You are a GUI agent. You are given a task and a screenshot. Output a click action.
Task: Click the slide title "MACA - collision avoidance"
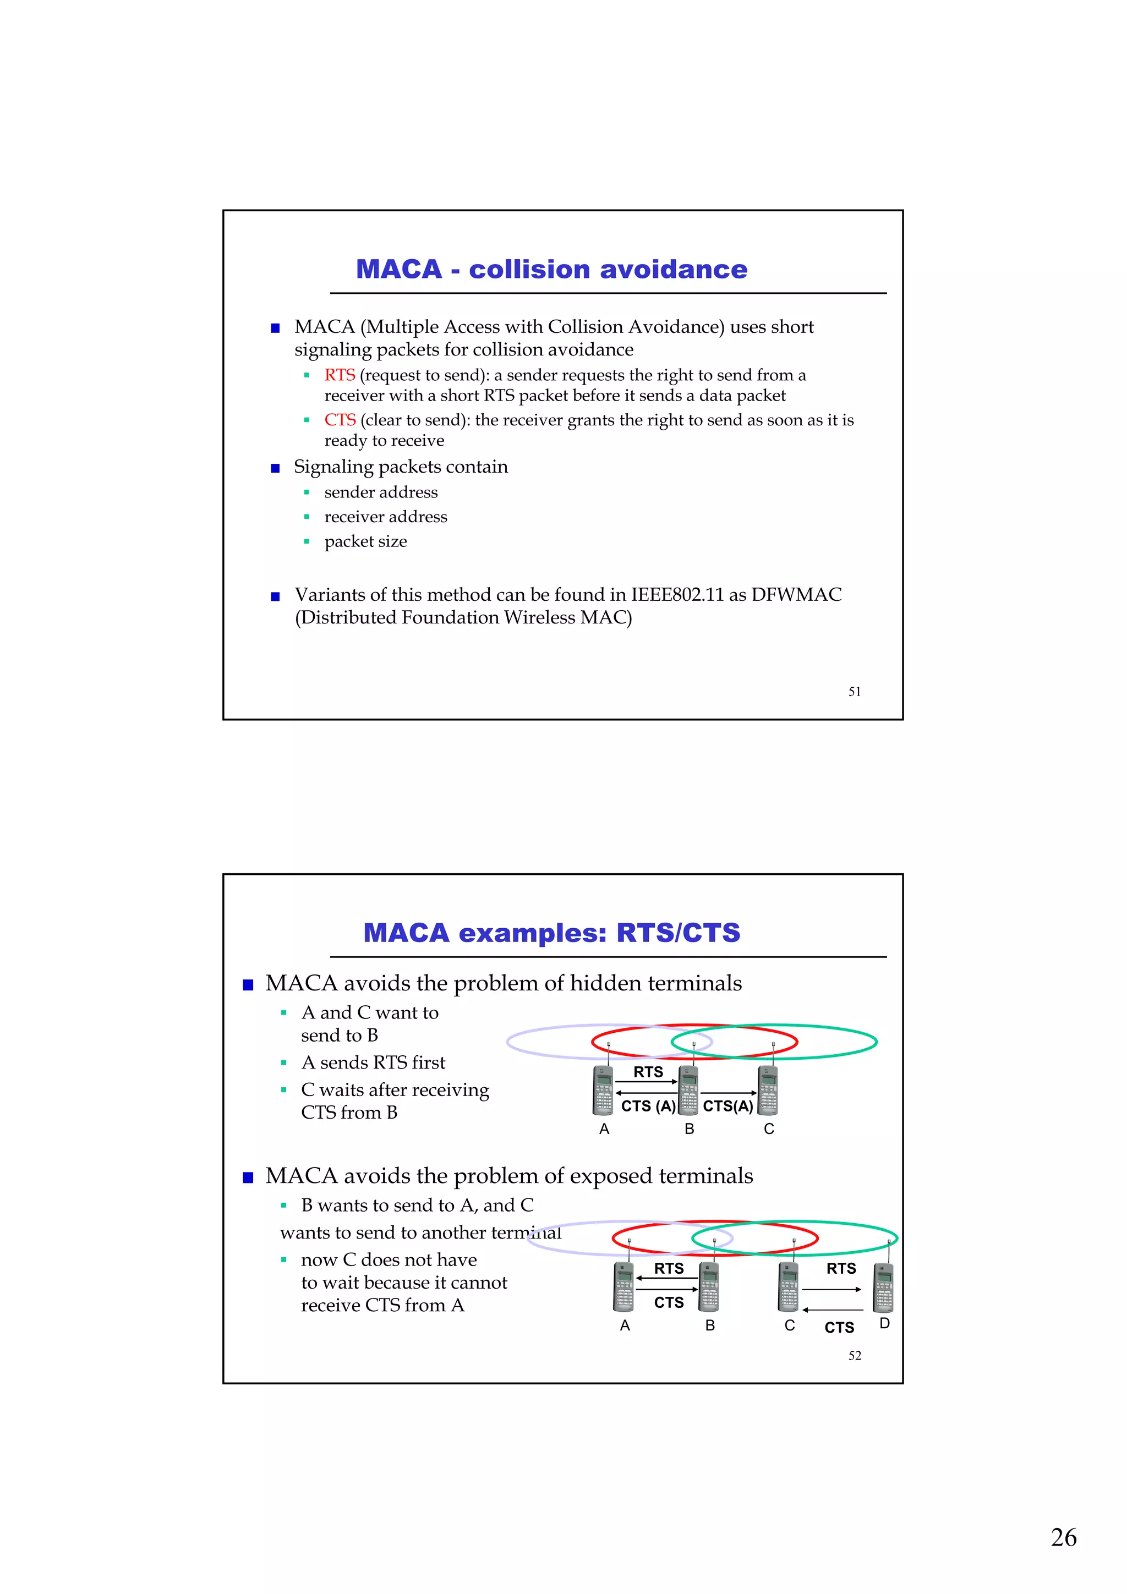coord(551,270)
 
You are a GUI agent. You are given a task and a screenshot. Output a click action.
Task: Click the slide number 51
coord(854,692)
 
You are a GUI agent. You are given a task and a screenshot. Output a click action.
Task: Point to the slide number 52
coord(854,1355)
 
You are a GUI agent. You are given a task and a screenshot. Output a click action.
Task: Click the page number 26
coord(1063,1537)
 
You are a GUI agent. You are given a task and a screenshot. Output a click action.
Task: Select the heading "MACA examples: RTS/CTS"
coord(551,933)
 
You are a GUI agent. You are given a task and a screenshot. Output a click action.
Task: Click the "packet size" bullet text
coord(365,541)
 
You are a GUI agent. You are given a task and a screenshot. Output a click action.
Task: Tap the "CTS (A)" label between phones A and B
coord(648,1106)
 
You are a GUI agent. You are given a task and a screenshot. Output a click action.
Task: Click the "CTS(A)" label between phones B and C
coord(727,1106)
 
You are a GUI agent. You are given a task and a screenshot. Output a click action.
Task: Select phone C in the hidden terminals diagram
coord(768,1090)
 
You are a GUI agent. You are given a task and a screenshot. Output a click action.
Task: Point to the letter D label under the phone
coord(884,1323)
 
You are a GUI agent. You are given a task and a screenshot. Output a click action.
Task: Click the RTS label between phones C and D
coord(841,1268)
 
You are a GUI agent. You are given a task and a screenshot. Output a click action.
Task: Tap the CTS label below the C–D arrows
coord(839,1327)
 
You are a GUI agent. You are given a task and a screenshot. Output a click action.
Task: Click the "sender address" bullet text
coord(380,492)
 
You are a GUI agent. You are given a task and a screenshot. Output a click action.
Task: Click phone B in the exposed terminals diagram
coord(709,1286)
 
